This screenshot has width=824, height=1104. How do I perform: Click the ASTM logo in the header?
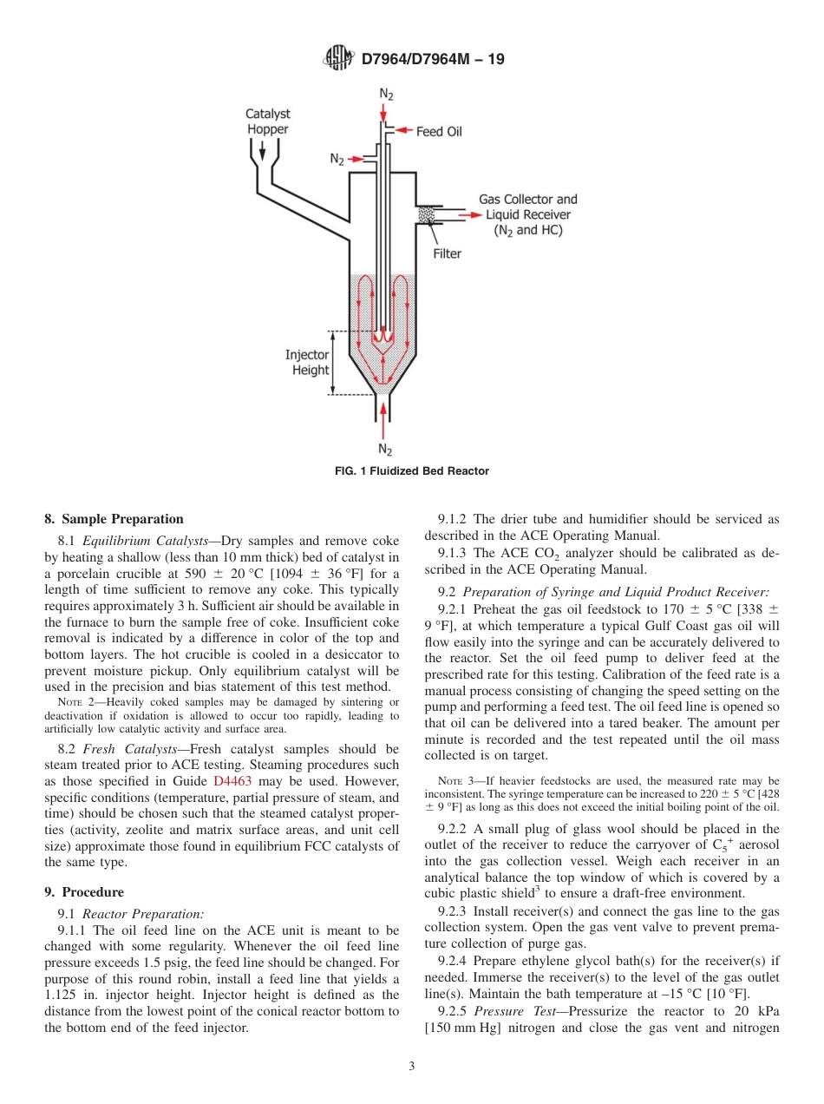[338, 59]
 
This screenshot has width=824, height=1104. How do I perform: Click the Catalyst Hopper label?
[267, 122]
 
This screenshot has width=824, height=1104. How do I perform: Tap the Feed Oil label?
[439, 132]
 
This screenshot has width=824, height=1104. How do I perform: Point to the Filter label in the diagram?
[447, 253]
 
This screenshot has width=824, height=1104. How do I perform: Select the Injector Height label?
[307, 362]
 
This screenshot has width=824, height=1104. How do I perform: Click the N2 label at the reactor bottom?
[385, 449]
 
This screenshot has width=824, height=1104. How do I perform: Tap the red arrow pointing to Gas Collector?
[469, 214]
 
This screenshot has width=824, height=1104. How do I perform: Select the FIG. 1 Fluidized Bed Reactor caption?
[412, 471]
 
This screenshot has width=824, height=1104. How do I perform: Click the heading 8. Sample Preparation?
[114, 519]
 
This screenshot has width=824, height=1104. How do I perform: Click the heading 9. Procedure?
[84, 892]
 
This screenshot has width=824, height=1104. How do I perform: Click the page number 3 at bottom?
[412, 1067]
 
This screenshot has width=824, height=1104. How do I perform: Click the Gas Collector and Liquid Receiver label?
[527, 214]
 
